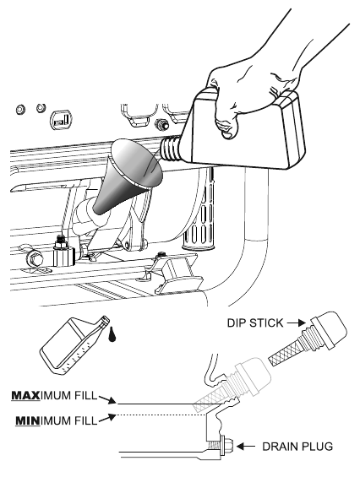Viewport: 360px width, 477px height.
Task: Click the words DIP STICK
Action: pyautogui.click(x=255, y=323)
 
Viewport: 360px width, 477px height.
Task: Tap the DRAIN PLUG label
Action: pyautogui.click(x=297, y=447)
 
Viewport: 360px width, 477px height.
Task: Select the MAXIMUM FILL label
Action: pyautogui.click(x=54, y=395)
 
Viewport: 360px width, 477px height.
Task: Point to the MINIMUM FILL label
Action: pyautogui.click(x=57, y=421)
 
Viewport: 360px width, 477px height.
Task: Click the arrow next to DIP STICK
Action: pyautogui.click(x=297, y=323)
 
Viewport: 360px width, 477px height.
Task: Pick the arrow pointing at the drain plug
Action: pyautogui.click(x=246, y=447)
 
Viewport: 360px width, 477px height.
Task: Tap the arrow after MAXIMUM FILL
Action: pyautogui.click(x=107, y=399)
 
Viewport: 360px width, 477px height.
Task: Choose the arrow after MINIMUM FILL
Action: pyautogui.click(x=107, y=417)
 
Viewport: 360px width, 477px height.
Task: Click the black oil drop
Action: pyautogui.click(x=112, y=334)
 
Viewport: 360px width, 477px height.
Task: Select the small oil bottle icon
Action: pyautogui.click(x=74, y=345)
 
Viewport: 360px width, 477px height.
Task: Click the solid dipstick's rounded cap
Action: pyautogui.click(x=329, y=328)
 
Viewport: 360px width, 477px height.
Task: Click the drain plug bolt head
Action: pyautogui.click(x=228, y=447)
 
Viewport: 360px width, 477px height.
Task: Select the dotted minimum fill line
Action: pyautogui.click(x=161, y=415)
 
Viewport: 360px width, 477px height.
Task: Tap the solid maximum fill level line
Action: pyautogui.click(x=156, y=404)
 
